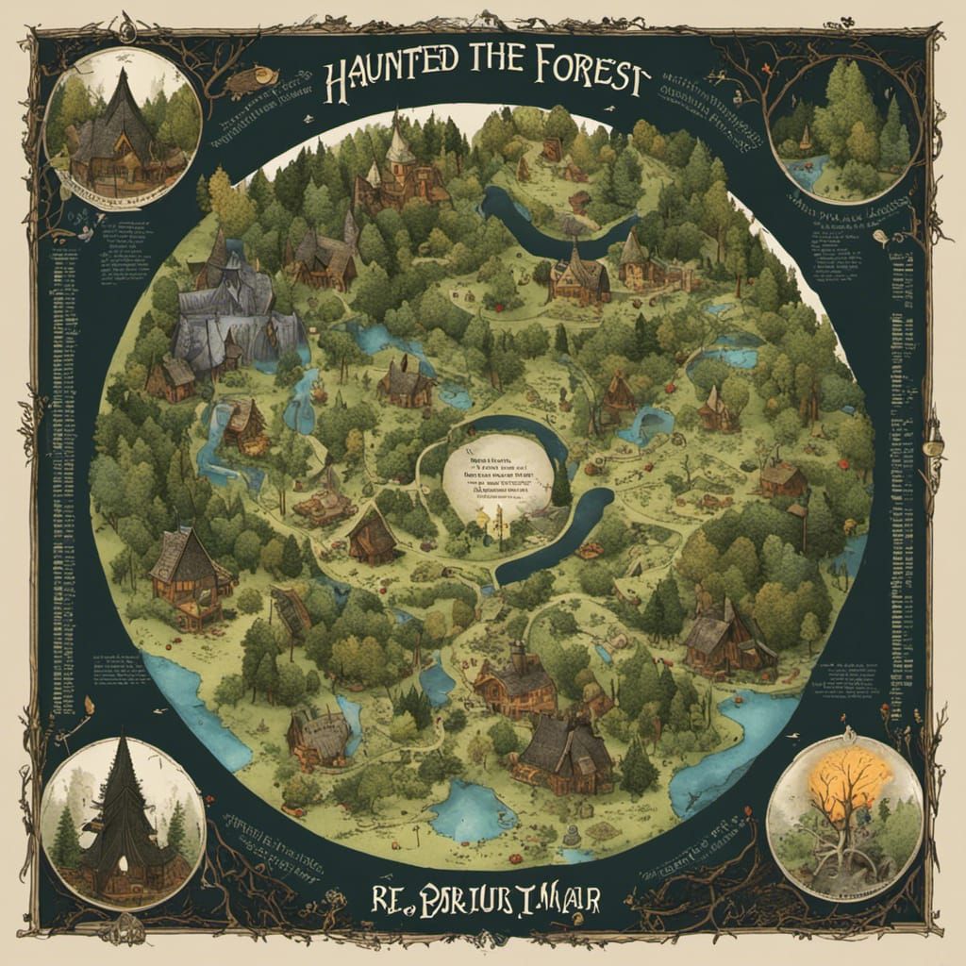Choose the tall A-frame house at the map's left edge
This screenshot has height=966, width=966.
(x=189, y=566)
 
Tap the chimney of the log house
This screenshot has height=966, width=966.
(x=518, y=651)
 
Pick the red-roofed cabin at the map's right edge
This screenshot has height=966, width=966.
(x=782, y=476)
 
